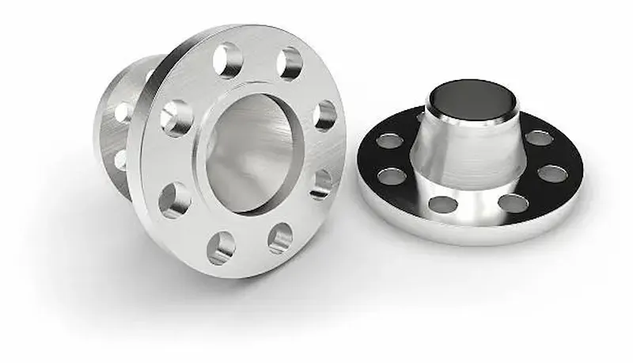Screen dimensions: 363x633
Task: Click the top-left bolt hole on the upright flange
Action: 228,59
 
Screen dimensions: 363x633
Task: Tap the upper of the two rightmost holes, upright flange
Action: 325,115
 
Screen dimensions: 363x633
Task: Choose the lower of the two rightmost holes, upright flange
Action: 320,184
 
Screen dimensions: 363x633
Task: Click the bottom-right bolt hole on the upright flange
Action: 279,238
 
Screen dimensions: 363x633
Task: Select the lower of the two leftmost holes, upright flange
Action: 174,201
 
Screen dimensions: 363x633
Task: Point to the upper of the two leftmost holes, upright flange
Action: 176,118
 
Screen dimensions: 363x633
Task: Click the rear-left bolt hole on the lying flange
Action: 389,141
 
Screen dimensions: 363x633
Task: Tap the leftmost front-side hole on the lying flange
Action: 391,175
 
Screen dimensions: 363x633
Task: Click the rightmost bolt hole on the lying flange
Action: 552,174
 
